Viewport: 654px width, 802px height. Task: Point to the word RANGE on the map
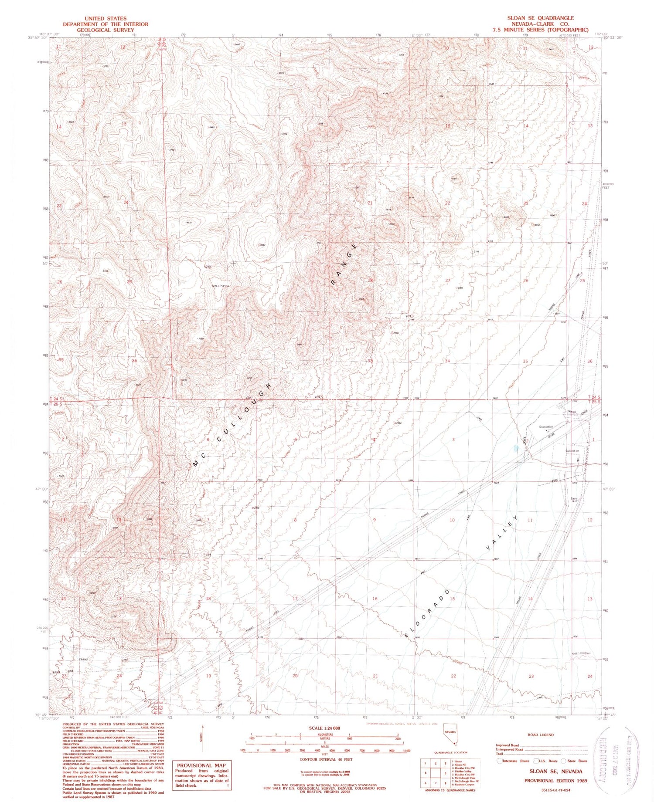(344, 266)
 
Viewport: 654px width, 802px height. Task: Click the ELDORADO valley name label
(427, 615)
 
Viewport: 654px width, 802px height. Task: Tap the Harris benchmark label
(225, 286)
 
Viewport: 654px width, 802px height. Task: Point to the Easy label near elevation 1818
(574, 499)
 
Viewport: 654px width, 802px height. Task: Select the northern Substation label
(546, 426)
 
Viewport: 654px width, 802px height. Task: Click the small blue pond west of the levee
(516, 448)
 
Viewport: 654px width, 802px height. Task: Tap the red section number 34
(447, 361)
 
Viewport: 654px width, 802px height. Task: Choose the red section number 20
(295, 676)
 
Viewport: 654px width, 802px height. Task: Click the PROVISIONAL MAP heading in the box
(201, 765)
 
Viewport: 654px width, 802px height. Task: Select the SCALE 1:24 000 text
(324, 728)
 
